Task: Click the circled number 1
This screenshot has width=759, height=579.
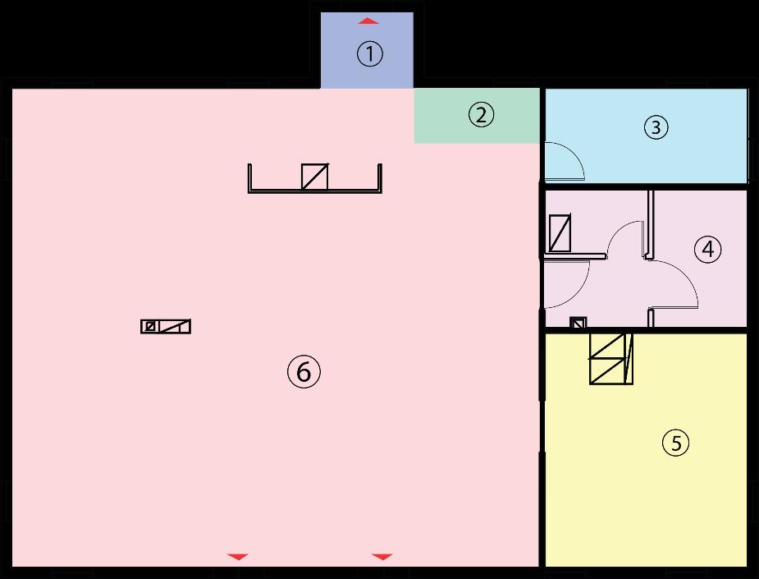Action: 369,55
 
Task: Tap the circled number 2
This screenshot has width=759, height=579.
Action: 482,115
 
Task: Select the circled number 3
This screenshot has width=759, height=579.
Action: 656,127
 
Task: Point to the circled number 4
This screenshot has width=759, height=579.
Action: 707,249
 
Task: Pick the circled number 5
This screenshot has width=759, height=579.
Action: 675,443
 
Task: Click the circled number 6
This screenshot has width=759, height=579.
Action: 304,372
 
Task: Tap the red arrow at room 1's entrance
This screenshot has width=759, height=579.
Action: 369,21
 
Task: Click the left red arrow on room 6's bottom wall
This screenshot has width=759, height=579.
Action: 237,557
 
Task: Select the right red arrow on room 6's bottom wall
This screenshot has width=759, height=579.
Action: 382,557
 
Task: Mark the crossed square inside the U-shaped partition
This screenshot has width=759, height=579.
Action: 315,177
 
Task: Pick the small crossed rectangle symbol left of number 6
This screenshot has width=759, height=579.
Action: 166,326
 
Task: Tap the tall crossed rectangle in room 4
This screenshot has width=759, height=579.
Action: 560,232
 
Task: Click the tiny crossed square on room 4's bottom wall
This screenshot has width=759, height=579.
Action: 578,323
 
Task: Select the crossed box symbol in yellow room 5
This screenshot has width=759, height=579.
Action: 611,359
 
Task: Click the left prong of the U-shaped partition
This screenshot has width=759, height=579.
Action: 249,177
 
